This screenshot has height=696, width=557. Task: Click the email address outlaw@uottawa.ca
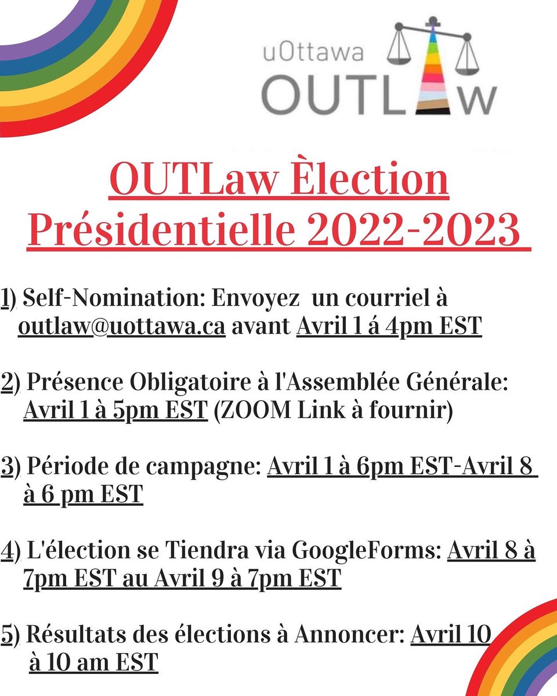(121, 327)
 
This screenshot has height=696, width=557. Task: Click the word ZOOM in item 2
(254, 410)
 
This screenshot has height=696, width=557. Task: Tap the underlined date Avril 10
(451, 635)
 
